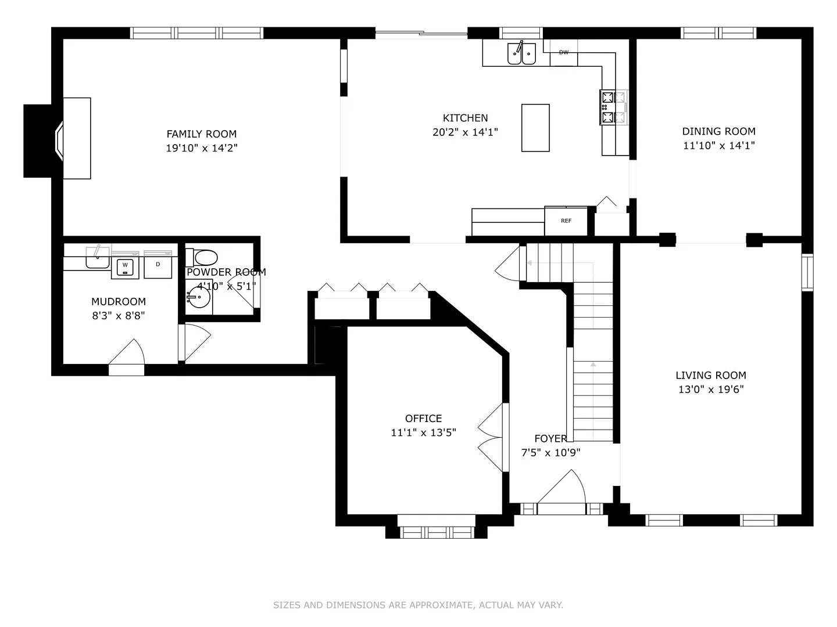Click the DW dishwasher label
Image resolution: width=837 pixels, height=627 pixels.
tap(564, 52)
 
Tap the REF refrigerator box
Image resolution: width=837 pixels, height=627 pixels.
tap(566, 221)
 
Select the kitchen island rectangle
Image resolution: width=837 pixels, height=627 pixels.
tap(535, 128)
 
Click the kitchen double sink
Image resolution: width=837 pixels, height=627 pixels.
tap(521, 53)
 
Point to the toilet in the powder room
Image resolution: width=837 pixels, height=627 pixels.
tap(202, 258)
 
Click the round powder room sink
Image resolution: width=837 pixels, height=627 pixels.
tap(199, 297)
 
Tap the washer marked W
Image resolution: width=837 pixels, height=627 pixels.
tap(125, 267)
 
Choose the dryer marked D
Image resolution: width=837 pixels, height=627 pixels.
tap(158, 266)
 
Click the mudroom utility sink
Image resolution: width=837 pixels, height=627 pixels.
tap(98, 258)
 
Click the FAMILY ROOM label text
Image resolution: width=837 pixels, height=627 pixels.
tap(201, 134)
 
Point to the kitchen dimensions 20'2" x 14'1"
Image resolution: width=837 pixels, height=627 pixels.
tap(465, 132)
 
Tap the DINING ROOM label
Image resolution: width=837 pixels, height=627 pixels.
tap(719, 131)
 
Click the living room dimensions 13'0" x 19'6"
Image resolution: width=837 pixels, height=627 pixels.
tap(711, 390)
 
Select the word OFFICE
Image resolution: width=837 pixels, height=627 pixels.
tap(423, 419)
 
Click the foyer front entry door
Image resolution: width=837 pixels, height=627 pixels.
tap(561, 492)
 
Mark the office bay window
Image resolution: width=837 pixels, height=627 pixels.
tap(437, 527)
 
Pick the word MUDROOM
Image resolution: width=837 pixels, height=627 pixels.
tap(119, 301)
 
